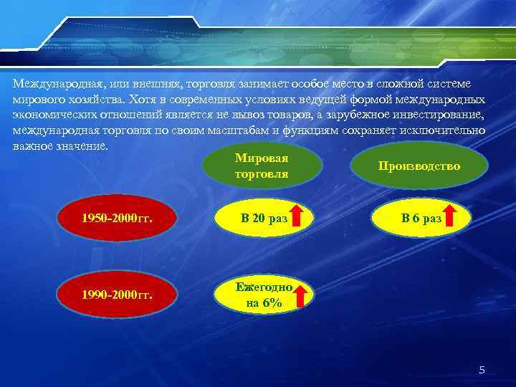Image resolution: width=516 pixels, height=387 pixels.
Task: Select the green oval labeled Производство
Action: (x=419, y=166)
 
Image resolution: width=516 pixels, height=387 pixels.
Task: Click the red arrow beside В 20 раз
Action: (x=302, y=216)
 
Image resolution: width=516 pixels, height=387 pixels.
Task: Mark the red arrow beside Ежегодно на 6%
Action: (x=302, y=295)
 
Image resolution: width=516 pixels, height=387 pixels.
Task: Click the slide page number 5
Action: (x=482, y=370)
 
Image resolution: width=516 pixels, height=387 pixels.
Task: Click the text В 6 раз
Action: (x=421, y=217)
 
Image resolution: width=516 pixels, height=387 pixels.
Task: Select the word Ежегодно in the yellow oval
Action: (x=264, y=287)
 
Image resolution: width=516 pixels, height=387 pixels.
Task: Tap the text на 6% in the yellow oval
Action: (x=264, y=303)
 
